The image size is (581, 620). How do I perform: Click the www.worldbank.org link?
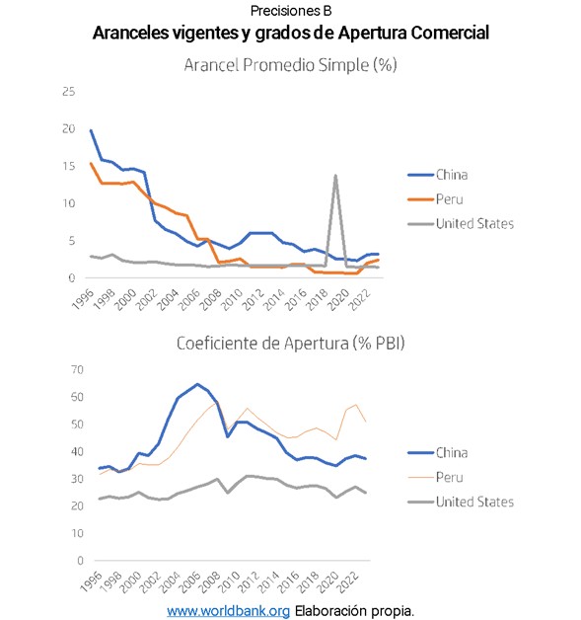point(228,611)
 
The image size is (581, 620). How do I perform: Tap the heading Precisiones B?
point(291,11)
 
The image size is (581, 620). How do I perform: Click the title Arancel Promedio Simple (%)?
point(290,65)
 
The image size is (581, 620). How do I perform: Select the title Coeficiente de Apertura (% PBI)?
point(291,344)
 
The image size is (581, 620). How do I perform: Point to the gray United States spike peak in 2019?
point(335,175)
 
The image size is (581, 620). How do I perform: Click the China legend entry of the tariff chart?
point(438,175)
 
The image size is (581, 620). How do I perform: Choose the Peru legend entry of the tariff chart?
point(435,199)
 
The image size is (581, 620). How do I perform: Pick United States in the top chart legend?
point(461,224)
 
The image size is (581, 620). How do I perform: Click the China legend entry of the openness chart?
point(438,453)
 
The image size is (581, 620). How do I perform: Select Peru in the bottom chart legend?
point(435,477)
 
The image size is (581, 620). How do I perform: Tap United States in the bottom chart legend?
point(461,502)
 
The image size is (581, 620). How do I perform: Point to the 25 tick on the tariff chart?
point(69,92)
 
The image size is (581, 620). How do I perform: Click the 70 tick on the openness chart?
point(77,369)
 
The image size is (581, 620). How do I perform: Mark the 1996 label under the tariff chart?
point(83,299)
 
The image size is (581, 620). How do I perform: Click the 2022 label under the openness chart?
point(348,582)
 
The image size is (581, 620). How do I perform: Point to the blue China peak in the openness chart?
point(197,384)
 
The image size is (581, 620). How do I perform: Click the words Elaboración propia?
point(354,611)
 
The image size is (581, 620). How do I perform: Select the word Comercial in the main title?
point(450,33)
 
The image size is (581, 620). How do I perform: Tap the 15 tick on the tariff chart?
point(69,166)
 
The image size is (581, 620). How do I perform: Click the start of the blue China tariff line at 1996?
point(91,130)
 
